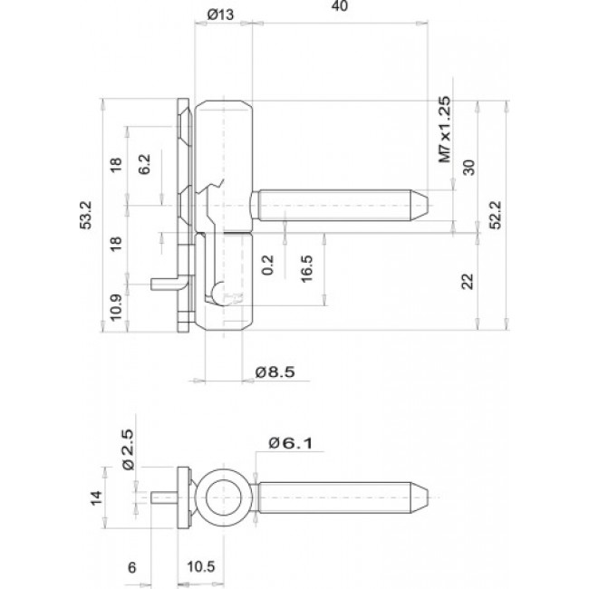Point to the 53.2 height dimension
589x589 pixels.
coord(86,216)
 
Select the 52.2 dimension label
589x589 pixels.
coord(495,216)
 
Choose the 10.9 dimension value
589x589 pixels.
coord(115,309)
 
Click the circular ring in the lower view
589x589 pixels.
coord(221,497)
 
